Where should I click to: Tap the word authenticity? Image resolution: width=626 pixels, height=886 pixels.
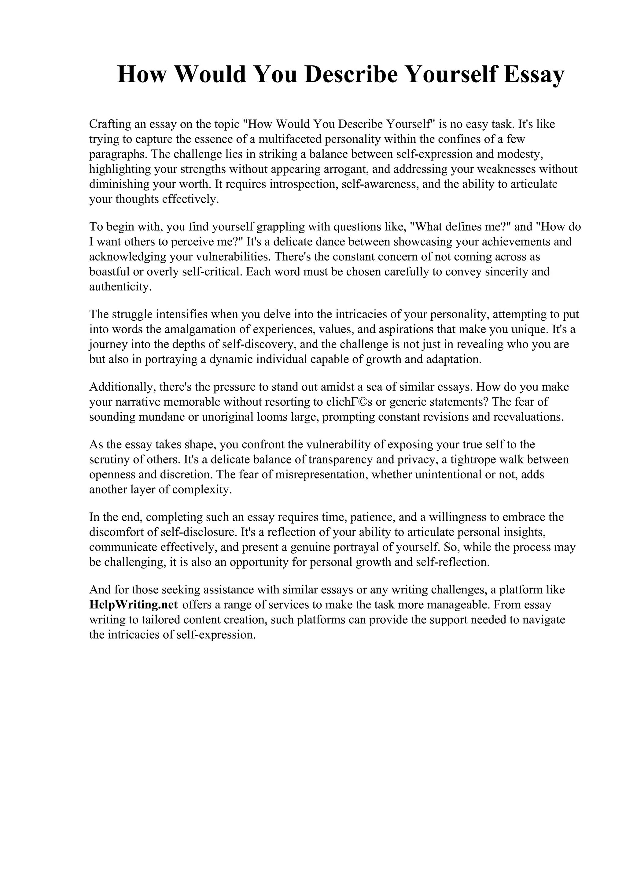tap(120, 287)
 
